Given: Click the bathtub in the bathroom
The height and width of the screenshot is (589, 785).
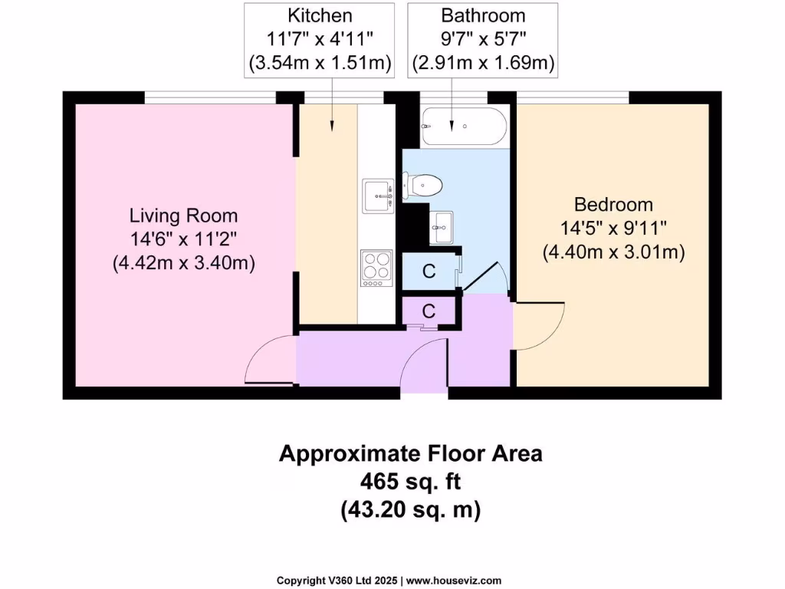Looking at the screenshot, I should (464, 127).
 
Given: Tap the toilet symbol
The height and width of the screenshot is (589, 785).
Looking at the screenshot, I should (425, 185).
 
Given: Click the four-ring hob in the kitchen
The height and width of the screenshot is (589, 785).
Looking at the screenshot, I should (376, 268).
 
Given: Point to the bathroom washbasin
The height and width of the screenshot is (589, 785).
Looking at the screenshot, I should (441, 228).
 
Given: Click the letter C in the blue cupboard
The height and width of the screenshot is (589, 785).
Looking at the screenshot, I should (429, 271).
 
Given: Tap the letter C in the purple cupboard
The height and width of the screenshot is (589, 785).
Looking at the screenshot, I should (429, 311).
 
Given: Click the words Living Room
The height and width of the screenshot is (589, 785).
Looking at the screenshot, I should (183, 216).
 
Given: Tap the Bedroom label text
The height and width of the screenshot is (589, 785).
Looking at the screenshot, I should (613, 205).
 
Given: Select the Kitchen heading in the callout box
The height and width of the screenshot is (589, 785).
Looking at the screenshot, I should (320, 15).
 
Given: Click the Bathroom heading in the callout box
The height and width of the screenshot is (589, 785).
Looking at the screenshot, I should (482, 15).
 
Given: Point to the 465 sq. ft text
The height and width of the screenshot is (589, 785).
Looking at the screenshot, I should (410, 482).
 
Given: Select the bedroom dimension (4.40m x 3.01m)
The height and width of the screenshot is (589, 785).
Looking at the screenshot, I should (613, 251).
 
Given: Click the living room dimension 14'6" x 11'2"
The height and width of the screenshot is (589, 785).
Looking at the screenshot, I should (183, 239).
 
